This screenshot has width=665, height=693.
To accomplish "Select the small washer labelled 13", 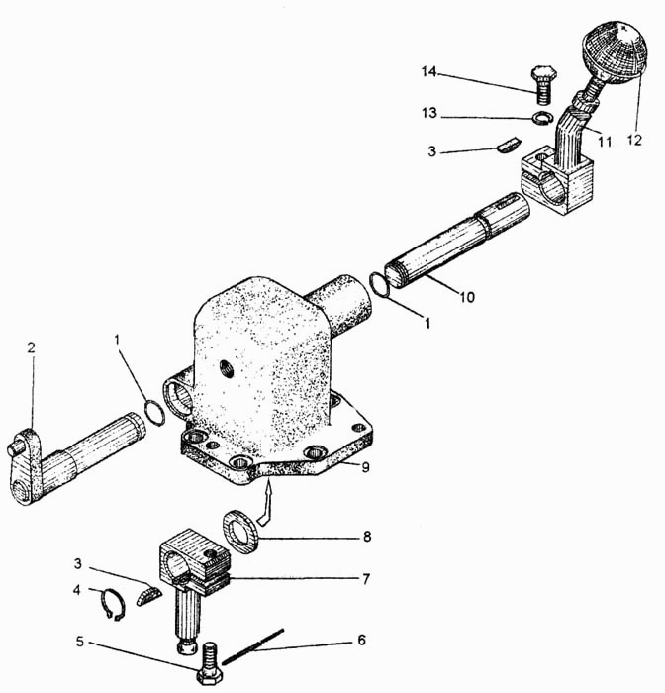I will point(541,119).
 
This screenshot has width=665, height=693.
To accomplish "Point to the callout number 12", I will point(633,141).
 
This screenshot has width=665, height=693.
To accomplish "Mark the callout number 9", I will point(365,466).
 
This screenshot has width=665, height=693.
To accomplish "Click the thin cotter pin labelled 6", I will point(254,644).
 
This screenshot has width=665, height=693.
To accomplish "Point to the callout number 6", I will point(361,640).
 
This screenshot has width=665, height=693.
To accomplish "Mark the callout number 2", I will point(31,347).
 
